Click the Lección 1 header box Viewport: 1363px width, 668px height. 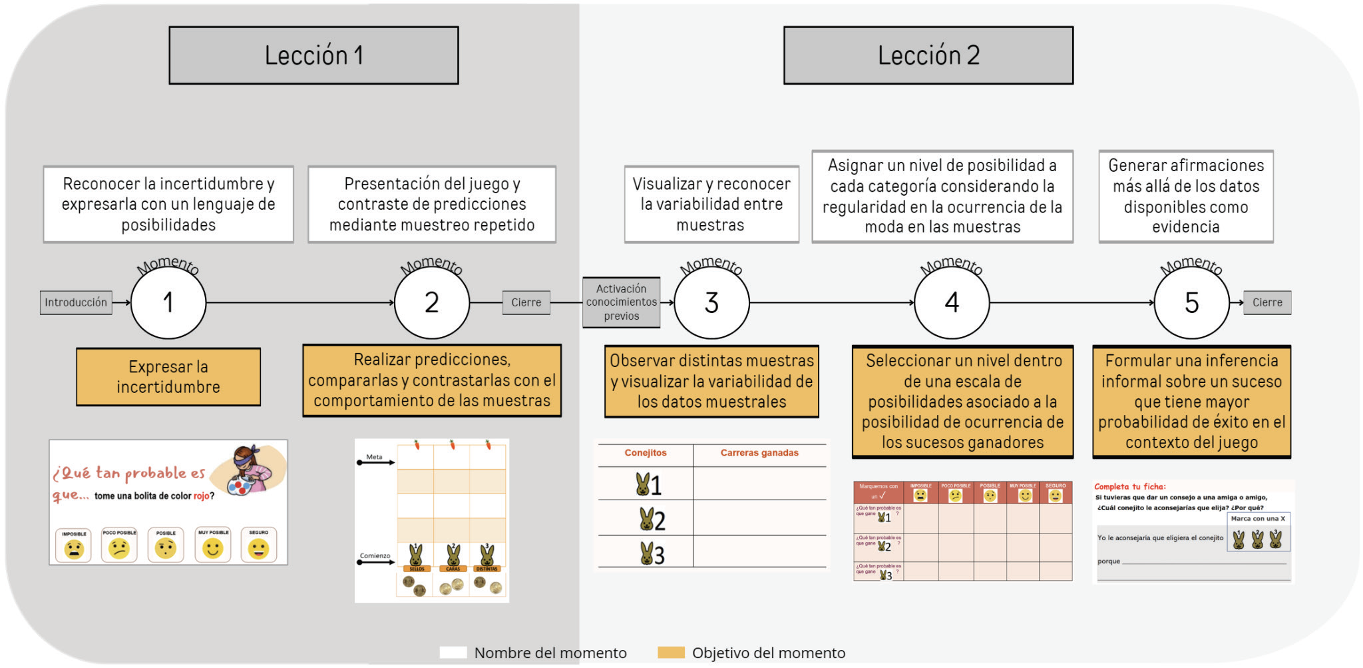(313, 55)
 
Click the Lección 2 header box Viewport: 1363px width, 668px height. (928, 55)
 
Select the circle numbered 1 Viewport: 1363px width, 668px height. (168, 302)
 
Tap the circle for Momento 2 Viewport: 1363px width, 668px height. (432, 302)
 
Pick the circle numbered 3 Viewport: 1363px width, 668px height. (711, 302)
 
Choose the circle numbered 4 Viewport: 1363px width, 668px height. (952, 302)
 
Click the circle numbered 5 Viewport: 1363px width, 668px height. (1191, 302)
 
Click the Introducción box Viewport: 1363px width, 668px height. (76, 302)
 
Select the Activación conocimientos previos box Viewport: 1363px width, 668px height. (621, 302)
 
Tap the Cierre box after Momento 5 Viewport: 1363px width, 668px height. (1267, 302)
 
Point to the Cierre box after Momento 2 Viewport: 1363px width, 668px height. (526, 302)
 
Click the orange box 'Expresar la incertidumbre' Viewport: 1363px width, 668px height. (168, 377)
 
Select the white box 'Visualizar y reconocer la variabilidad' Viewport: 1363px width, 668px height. (711, 204)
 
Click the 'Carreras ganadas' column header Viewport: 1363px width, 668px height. (759, 453)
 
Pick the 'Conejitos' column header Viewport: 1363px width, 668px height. (645, 453)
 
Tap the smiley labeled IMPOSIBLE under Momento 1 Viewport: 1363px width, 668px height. (74, 549)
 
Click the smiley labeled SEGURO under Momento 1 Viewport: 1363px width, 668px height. (258, 549)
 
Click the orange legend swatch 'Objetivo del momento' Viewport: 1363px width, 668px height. (671, 653)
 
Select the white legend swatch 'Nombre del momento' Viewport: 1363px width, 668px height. (453, 653)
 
